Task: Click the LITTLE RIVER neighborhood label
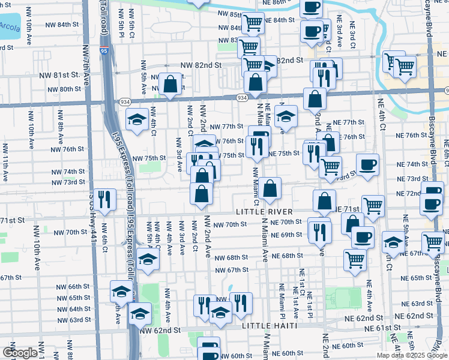[x=264, y=212]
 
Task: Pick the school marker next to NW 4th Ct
[x=137, y=118]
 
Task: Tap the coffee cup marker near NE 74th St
[x=367, y=164]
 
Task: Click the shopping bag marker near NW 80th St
[x=170, y=83]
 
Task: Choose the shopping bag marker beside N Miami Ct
[x=271, y=187]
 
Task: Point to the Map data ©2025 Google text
[x=411, y=355]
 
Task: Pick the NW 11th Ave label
[x=5, y=162]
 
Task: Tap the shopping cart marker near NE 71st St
[x=373, y=205]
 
